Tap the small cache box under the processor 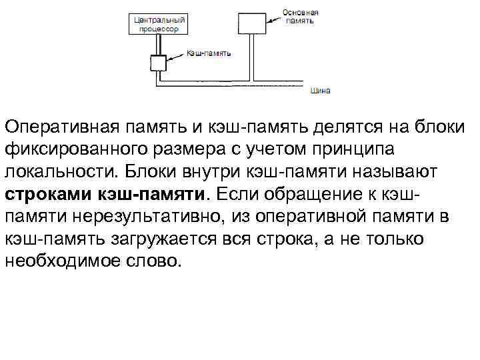pyautogui.click(x=158, y=62)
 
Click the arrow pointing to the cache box pyautogui.click(x=176, y=55)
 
